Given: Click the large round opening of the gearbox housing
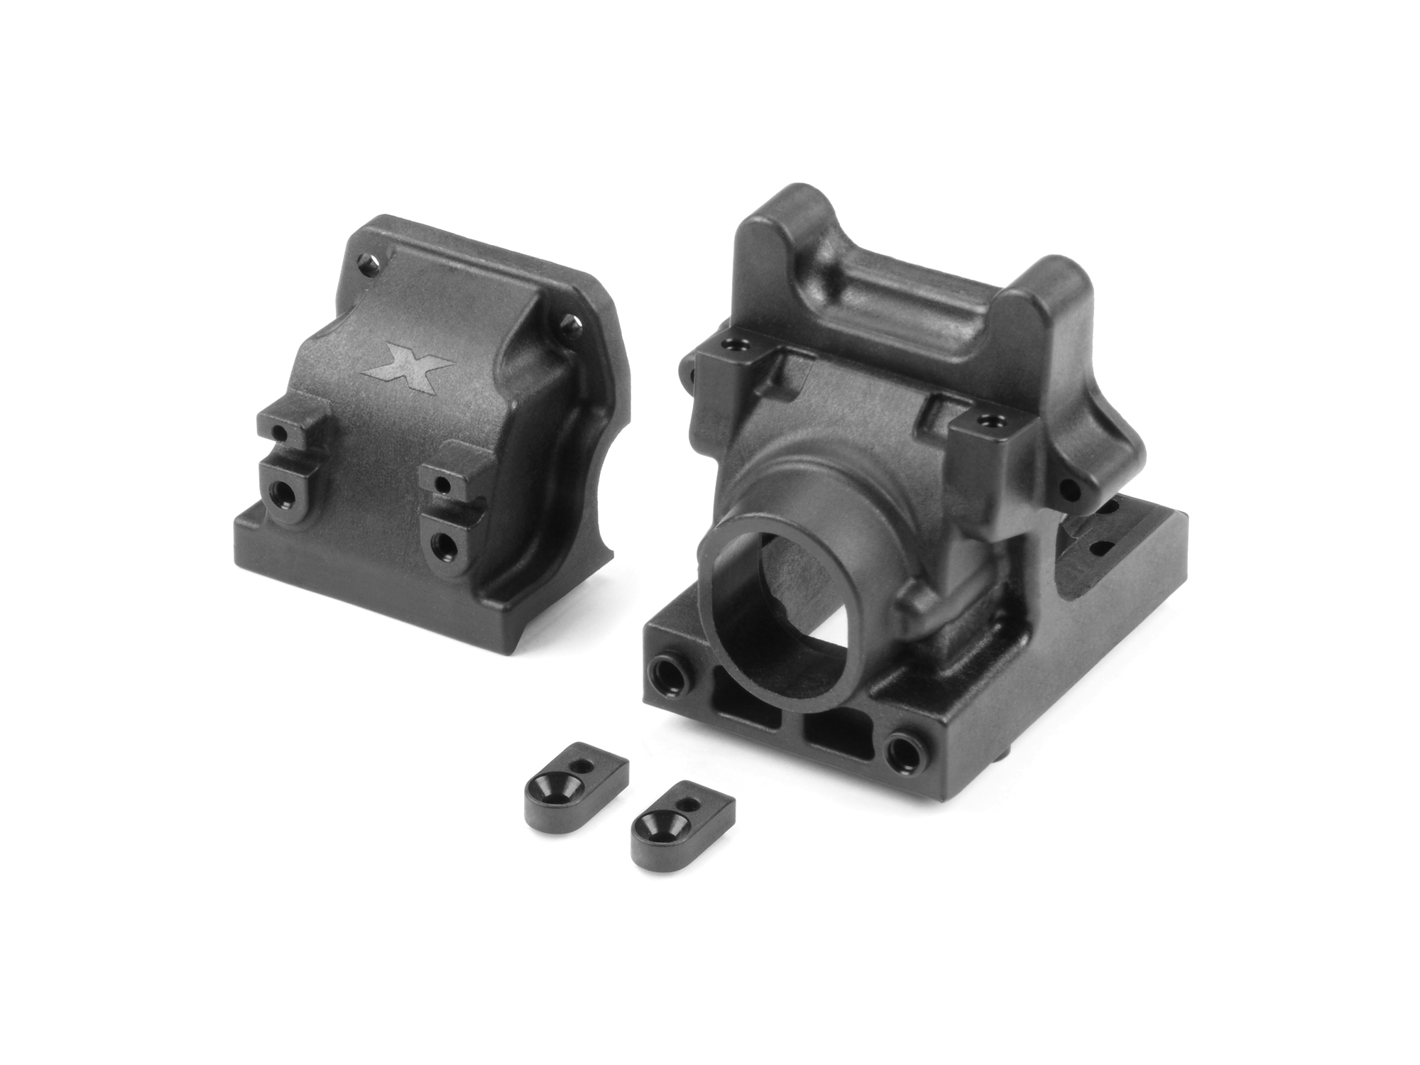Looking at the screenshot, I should tap(774, 611).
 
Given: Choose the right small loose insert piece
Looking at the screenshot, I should tap(682, 816).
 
